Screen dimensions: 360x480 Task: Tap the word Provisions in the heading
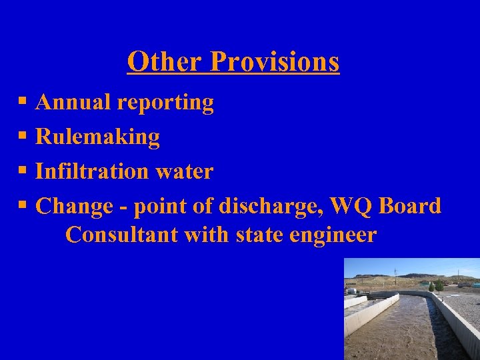[275, 62]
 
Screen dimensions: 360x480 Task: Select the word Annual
[73, 103]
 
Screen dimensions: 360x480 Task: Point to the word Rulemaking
[97, 137]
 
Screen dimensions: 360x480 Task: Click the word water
[184, 172]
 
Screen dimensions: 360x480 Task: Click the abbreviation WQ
[353, 207]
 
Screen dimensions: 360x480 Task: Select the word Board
[409, 206]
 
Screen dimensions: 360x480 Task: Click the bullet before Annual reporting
[23, 103]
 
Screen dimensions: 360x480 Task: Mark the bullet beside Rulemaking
[23, 137]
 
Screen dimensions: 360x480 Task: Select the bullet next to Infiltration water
[23, 171]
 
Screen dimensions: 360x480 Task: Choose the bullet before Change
[23, 206]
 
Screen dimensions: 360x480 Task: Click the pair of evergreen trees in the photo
[437, 286]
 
